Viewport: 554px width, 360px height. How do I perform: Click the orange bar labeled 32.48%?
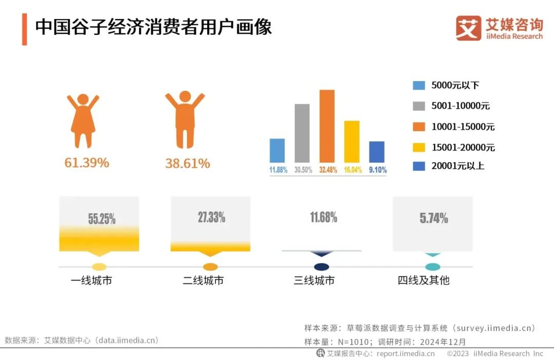[327, 126]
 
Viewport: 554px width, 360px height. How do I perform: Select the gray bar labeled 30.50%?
[302, 133]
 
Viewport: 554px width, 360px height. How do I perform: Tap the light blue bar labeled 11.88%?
[277, 150]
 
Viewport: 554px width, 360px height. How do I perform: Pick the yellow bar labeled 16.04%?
[352, 142]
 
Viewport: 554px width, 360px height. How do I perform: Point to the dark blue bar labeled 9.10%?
[377, 152]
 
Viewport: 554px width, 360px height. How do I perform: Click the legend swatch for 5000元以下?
[419, 86]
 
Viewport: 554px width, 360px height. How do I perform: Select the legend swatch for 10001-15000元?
[419, 127]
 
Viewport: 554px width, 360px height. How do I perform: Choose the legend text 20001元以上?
[458, 166]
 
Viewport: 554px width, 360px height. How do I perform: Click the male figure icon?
[185, 119]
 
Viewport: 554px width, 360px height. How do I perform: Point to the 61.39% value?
[87, 163]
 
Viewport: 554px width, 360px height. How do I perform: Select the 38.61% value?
[187, 164]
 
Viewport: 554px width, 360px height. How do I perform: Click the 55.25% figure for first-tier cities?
[102, 219]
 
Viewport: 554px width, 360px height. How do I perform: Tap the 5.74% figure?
[433, 218]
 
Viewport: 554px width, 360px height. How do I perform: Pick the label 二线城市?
[203, 281]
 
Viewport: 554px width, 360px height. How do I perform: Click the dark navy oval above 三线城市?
[321, 267]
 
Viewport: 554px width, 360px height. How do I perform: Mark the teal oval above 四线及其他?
[433, 267]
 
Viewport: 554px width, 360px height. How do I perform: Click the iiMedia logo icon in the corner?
[468, 28]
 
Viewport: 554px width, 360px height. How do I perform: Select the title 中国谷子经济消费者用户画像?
[153, 27]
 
